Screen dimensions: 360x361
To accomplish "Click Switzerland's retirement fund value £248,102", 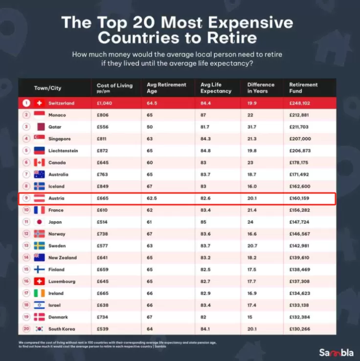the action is [300, 103].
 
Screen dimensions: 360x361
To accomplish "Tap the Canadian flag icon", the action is [40, 163].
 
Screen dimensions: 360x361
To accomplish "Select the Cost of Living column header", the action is [114, 88].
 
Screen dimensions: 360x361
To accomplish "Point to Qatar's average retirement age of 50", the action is [150, 127].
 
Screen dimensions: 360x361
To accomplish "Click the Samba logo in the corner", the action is [336, 353].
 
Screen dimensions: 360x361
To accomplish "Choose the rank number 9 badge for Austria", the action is [26, 198].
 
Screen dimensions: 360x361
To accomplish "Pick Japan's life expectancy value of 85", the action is [203, 222].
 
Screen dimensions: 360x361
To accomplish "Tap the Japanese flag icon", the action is [40, 222].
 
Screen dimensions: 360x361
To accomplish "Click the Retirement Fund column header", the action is [303, 88].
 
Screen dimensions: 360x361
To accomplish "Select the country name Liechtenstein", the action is [63, 150].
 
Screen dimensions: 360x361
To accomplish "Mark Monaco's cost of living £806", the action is [103, 115].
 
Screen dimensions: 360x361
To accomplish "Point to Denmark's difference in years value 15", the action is [250, 317].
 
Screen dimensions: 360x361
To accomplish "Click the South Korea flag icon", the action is [40, 329].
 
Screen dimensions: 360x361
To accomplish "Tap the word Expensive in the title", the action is [250, 22].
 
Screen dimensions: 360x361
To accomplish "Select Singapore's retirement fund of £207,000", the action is [300, 139].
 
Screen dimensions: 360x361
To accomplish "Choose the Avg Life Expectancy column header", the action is [216, 88].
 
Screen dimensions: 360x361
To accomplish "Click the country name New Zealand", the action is [63, 257].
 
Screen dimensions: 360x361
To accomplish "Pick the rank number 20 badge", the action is [26, 329].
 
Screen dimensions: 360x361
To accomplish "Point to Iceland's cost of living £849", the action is [103, 186].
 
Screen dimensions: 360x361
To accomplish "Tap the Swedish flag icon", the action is [40, 246].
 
